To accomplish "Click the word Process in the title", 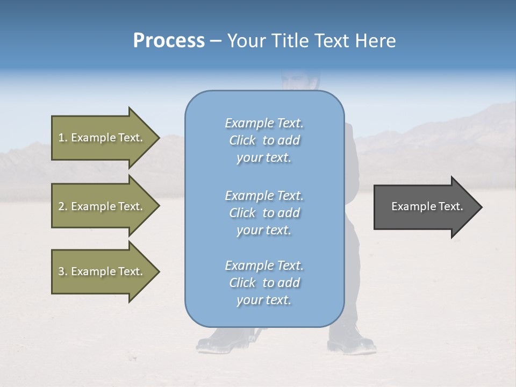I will [x=169, y=41].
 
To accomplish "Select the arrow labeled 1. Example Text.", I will [x=102, y=138].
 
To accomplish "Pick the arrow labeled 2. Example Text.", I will [x=102, y=206].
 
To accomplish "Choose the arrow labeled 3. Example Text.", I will [x=102, y=271].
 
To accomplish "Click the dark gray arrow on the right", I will [x=425, y=207].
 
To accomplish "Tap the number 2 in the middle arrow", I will [x=61, y=206].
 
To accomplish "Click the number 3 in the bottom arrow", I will [x=61, y=271].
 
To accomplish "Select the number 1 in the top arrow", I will [x=61, y=138].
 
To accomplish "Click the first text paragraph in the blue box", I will [x=264, y=140].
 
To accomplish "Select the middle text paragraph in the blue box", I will [x=264, y=213].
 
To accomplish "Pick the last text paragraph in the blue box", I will [x=264, y=283].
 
